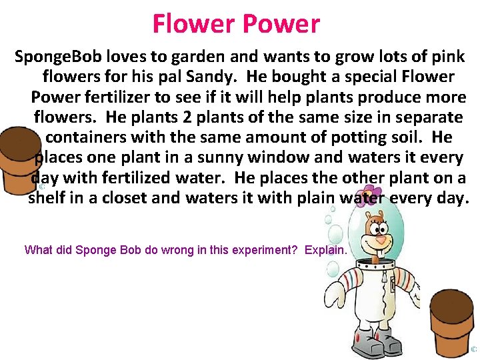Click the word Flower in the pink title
pos(193,24)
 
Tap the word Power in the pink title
pos(281,24)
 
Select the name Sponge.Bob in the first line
pos(55,57)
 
